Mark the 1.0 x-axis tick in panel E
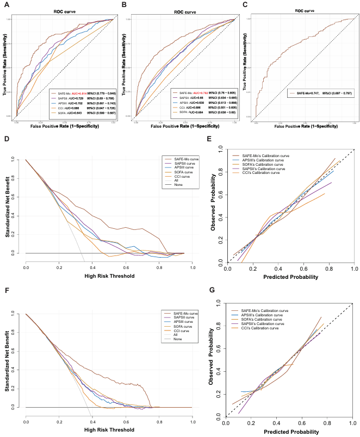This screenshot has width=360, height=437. (x=353, y=268)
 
